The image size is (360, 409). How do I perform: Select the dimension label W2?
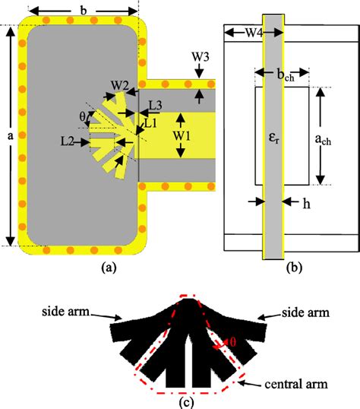pyautogui.click(x=119, y=84)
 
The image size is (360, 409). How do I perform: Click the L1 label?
pyautogui.click(x=150, y=121)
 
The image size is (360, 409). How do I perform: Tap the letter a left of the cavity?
pyautogui.click(x=8, y=137)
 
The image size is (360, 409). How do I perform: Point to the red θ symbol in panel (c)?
pyautogui.click(x=236, y=343)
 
